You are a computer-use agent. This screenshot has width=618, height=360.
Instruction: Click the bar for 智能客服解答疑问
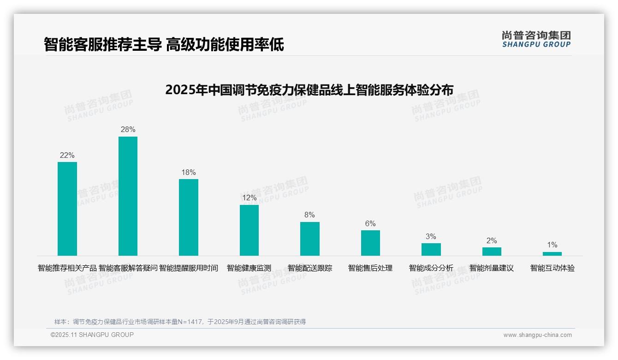pos(128,196)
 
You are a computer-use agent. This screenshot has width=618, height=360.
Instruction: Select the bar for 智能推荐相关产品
pos(67,209)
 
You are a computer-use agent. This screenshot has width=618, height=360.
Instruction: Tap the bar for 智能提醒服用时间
pos(189,217)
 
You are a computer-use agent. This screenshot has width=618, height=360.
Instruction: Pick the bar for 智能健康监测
pos(249,230)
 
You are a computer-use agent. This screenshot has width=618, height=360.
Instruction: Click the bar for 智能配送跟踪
pos(309,239)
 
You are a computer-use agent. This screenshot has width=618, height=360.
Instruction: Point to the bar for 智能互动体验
pos(552,254)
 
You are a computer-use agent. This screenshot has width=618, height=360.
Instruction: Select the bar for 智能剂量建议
pos(492,252)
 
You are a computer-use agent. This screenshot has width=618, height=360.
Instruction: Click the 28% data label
pos(128,130)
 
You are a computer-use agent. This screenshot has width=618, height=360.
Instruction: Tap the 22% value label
pos(67,155)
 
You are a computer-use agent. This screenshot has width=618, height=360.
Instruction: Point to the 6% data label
pos(370,223)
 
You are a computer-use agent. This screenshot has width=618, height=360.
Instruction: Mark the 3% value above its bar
pos(431,236)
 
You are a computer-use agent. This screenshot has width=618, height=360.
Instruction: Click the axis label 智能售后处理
pos(370,268)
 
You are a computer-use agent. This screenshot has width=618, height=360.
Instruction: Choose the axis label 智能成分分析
pos(431,268)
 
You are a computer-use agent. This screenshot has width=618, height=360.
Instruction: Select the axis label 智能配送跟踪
pos(309,268)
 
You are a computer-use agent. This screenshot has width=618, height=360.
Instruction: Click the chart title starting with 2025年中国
pos(309,90)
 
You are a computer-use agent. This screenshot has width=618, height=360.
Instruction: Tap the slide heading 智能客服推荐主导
pos(102,45)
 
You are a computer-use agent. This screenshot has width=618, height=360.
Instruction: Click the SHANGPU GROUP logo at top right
pos(536,39)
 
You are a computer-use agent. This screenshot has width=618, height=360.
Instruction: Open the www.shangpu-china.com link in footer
pos(537,335)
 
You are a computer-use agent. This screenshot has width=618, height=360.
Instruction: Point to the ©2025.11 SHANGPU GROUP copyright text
pos(92,335)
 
